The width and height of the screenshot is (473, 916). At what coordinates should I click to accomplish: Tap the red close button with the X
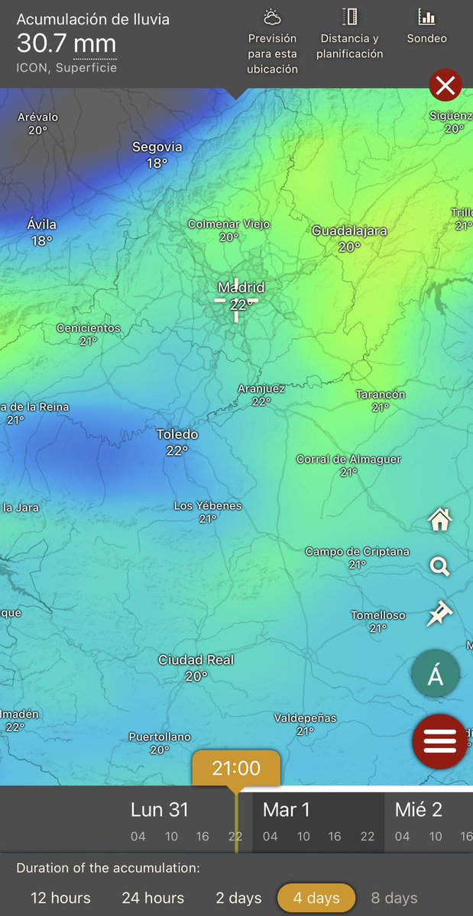click(445, 85)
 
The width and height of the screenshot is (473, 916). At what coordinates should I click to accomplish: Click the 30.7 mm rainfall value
click(66, 43)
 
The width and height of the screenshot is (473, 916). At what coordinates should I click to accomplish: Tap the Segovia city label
click(157, 147)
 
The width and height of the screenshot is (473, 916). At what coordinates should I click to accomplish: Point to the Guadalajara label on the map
click(349, 231)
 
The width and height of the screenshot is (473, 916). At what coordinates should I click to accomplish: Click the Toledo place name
click(177, 434)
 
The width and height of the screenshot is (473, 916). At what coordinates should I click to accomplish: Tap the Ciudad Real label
click(196, 660)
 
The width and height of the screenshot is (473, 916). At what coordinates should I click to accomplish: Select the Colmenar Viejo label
click(229, 224)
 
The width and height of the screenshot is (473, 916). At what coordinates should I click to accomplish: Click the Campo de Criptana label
click(357, 551)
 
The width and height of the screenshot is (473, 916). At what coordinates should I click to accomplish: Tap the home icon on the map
click(440, 521)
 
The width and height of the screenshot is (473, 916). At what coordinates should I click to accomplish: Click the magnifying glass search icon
click(440, 566)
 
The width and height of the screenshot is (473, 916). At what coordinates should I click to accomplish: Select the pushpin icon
click(440, 613)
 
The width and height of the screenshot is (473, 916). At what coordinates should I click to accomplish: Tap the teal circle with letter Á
click(436, 675)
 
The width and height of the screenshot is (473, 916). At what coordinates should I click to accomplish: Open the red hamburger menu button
click(439, 740)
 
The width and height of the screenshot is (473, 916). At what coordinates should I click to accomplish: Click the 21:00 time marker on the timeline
click(236, 768)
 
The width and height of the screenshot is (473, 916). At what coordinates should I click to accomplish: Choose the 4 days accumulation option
click(316, 898)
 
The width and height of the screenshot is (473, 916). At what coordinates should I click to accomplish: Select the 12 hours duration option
click(61, 898)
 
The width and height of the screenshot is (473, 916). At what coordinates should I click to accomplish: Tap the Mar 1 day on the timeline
click(286, 810)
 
